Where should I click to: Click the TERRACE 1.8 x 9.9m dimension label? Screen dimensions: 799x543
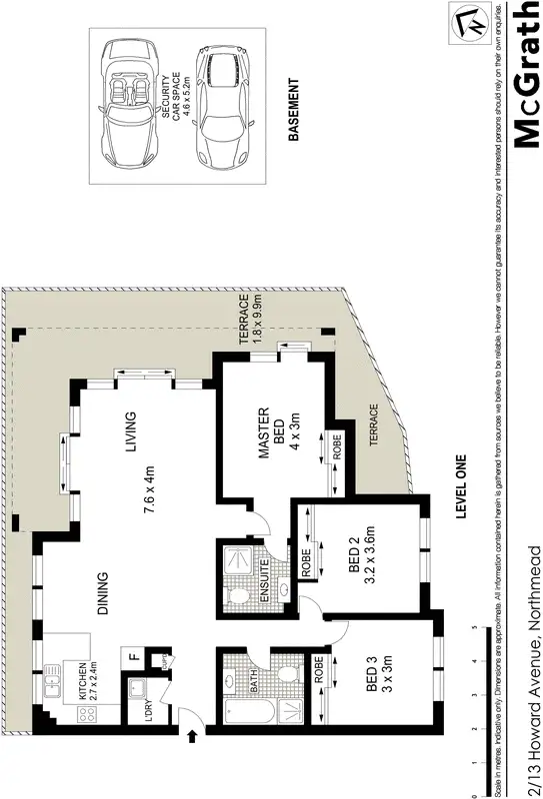point(250,318)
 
